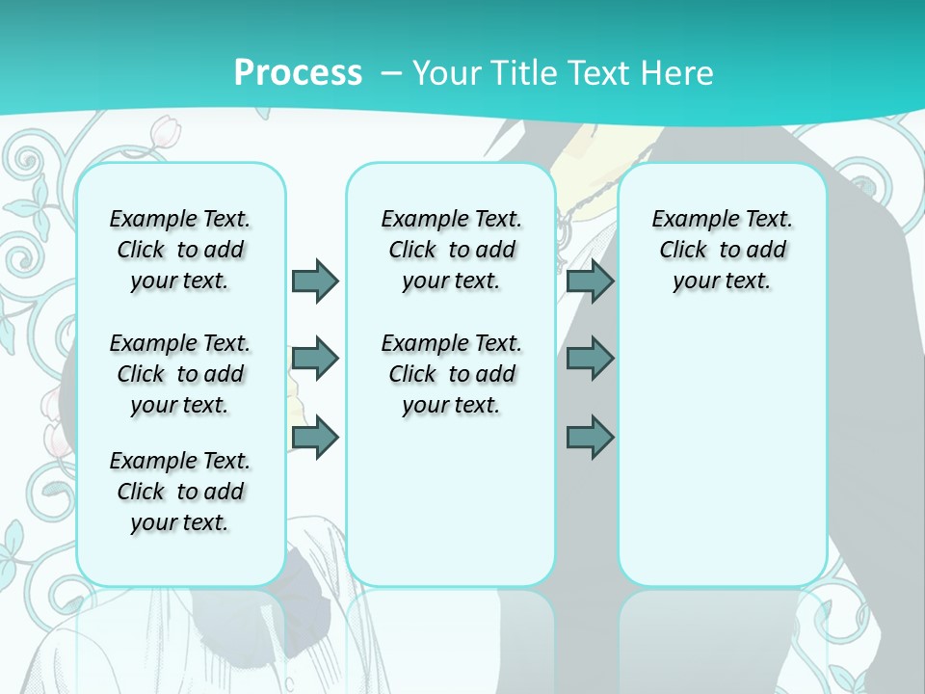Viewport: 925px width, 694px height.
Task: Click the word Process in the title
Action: tap(298, 72)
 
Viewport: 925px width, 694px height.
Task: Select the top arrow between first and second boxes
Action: tap(315, 280)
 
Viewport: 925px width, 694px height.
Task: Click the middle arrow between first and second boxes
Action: tap(315, 359)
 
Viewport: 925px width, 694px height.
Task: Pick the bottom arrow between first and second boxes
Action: tap(315, 437)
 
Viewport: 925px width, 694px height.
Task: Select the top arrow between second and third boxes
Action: tap(590, 280)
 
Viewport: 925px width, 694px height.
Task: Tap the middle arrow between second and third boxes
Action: tap(590, 359)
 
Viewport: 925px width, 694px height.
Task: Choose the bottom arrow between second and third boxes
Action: tap(590, 437)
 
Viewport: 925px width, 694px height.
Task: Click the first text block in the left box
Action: tap(180, 250)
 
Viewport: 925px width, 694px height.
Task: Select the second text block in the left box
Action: tap(180, 374)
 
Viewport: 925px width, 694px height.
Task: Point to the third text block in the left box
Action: tap(180, 492)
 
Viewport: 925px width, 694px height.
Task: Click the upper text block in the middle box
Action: tap(451, 250)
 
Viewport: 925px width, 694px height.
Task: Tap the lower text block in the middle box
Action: tap(451, 374)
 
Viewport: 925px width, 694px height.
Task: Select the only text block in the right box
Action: tap(722, 250)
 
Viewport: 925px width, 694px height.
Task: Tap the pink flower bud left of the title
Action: tap(170, 129)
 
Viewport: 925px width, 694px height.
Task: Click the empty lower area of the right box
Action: tap(722, 463)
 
